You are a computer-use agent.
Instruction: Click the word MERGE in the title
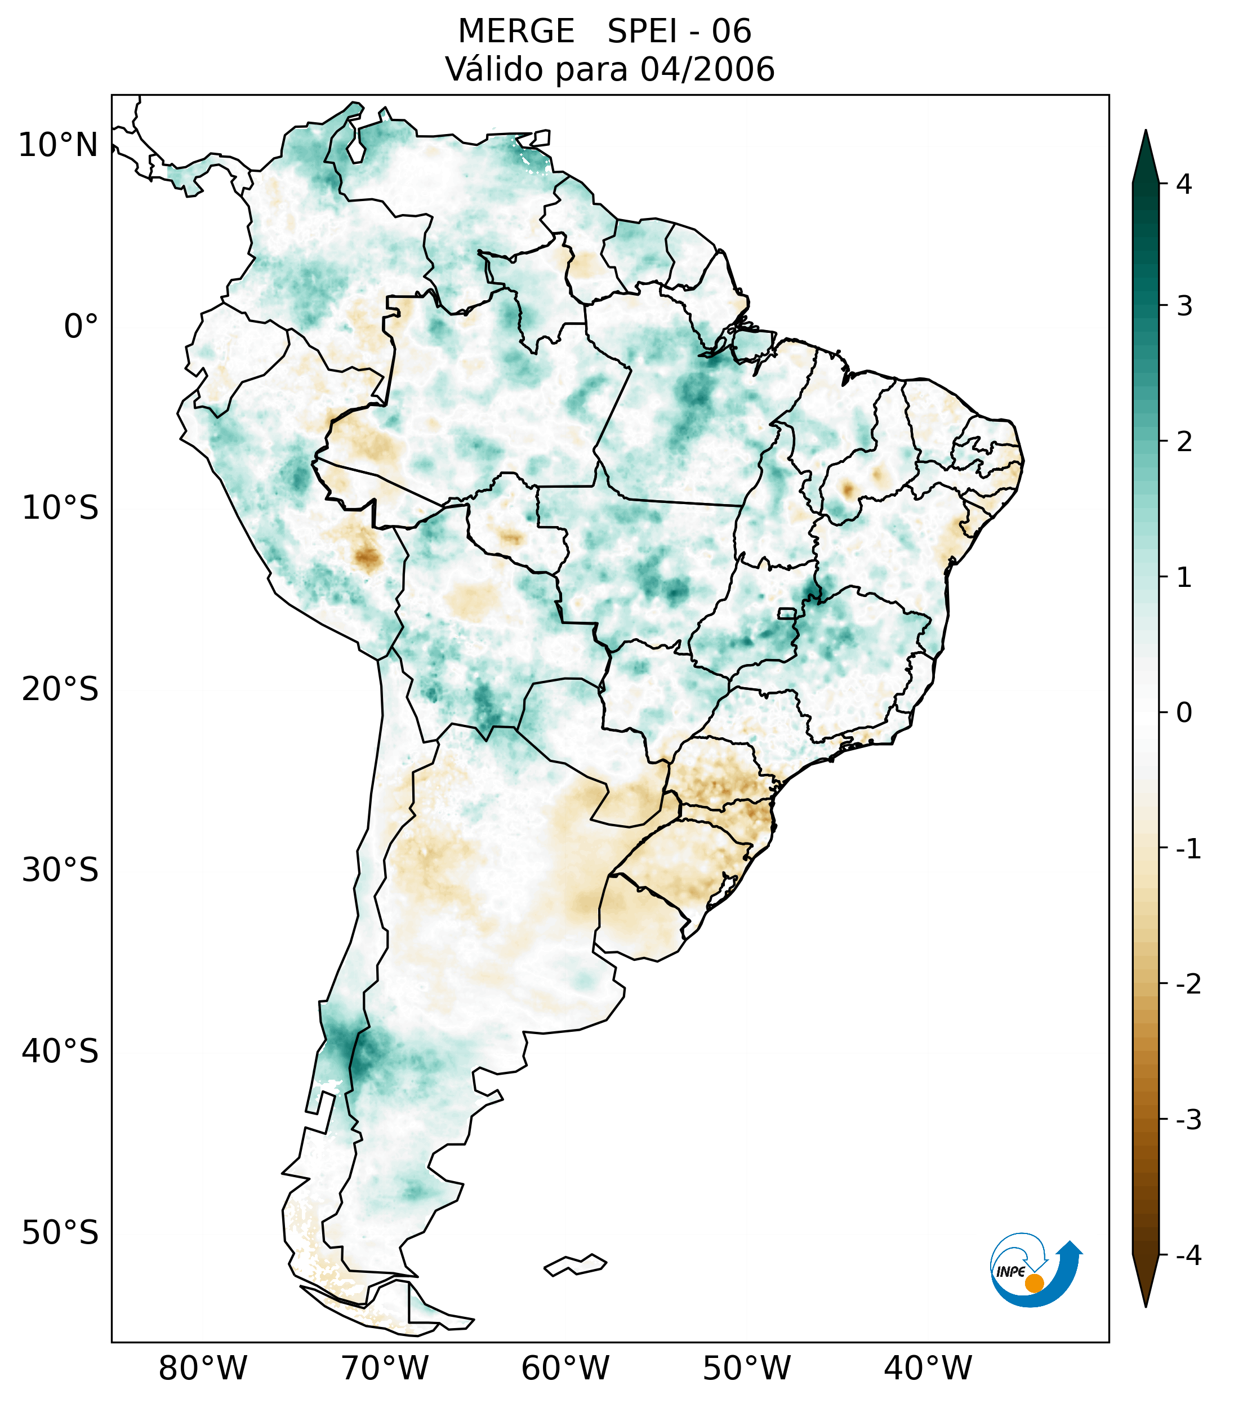pyautogui.click(x=516, y=32)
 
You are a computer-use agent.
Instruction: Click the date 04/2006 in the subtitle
pyautogui.click(x=707, y=69)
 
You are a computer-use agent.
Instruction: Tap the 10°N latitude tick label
pyautogui.click(x=59, y=145)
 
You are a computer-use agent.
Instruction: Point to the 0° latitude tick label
pyautogui.click(x=81, y=327)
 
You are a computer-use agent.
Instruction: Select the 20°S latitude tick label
pyautogui.click(x=60, y=689)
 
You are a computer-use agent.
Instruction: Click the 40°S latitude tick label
pyautogui.click(x=60, y=1052)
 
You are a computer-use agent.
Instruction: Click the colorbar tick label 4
pyautogui.click(x=1184, y=184)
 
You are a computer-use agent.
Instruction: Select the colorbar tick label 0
pyautogui.click(x=1184, y=713)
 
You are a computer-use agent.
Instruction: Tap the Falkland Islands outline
pyautogui.click(x=576, y=1264)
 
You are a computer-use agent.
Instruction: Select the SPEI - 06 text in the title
pyautogui.click(x=679, y=32)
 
